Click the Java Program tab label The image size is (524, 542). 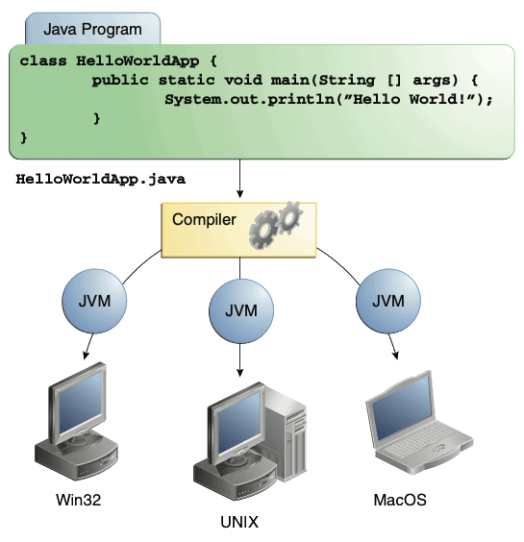(x=92, y=29)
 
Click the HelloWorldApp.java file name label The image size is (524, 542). (x=100, y=179)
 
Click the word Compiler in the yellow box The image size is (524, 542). (x=204, y=220)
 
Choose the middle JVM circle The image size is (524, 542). (x=239, y=311)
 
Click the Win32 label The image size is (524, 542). (x=80, y=500)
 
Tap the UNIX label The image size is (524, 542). (x=239, y=522)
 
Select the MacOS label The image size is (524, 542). (x=399, y=500)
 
